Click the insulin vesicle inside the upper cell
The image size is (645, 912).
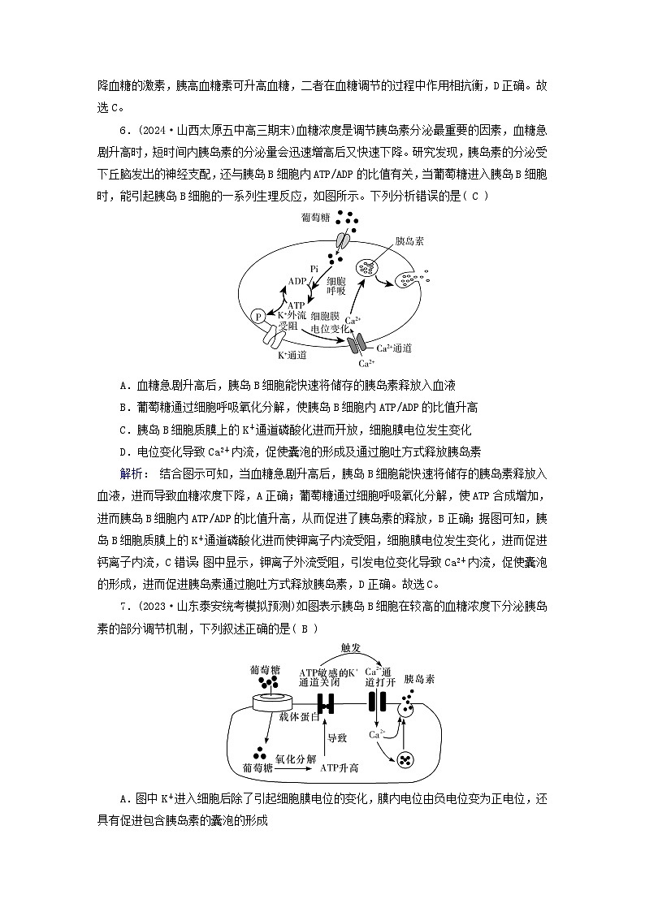(368, 266)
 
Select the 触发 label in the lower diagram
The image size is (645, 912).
(352, 647)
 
